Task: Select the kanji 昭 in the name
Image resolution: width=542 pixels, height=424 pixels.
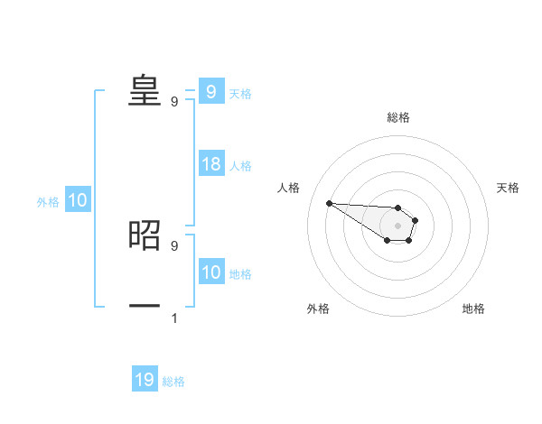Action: [145, 234]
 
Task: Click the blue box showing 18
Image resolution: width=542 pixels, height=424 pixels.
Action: [211, 164]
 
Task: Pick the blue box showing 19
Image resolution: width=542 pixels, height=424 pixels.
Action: [145, 380]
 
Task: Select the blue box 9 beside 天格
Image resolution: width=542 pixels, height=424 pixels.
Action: [211, 92]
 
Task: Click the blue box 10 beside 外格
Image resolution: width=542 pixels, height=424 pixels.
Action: [78, 201]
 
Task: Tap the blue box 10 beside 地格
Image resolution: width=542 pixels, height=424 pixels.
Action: [211, 272]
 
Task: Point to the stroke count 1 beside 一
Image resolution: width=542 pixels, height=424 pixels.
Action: [174, 318]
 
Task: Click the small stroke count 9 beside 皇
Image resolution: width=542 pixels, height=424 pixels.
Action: [174, 101]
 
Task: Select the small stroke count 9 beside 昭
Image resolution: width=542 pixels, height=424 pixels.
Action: [174, 245]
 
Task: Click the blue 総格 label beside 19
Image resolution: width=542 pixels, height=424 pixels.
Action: [173, 382]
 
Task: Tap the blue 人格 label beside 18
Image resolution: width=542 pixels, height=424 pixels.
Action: [240, 166]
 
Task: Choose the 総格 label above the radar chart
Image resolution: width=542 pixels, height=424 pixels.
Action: [397, 117]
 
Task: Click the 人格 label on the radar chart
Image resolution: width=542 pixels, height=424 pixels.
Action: [288, 188]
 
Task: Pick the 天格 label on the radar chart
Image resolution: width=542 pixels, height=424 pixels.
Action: [509, 188]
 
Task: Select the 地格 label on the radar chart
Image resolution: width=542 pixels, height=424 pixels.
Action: [473, 309]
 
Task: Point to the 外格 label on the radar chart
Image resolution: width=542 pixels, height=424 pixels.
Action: [318, 309]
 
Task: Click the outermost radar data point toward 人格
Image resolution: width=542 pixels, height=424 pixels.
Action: [329, 203]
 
